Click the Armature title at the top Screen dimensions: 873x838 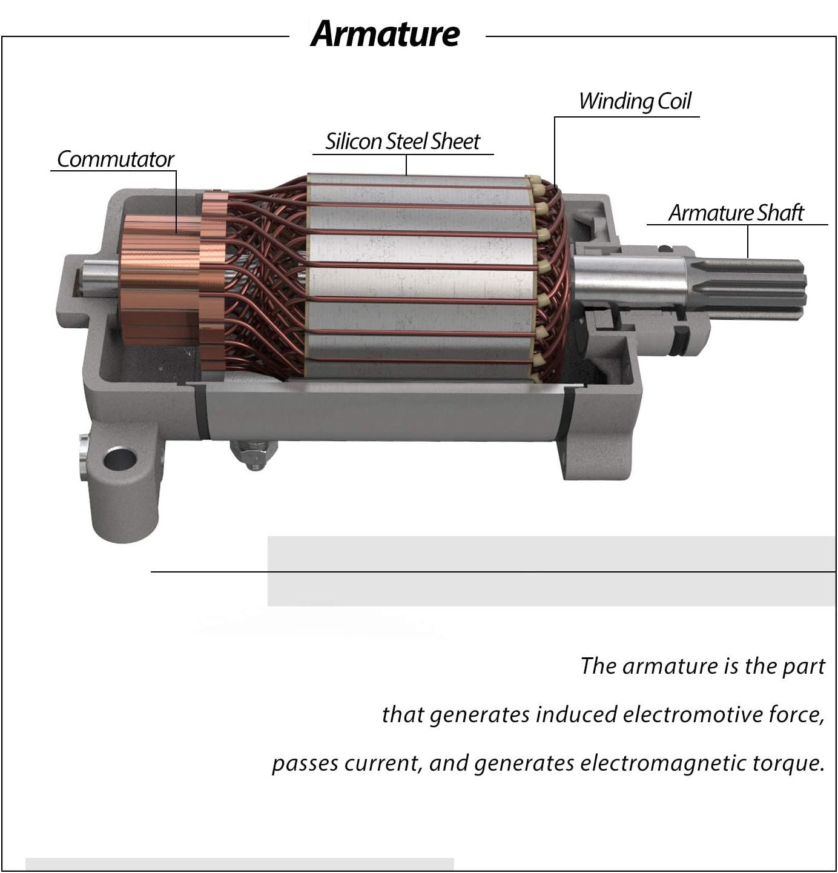[x=385, y=34]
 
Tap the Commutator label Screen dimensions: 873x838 [x=115, y=159]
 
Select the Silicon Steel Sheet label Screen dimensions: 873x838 [x=403, y=142]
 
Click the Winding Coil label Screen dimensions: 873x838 [x=635, y=101]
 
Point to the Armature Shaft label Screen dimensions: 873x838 [x=736, y=213]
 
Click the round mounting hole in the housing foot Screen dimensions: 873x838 [x=119, y=459]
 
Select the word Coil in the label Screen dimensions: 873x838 [x=673, y=101]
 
